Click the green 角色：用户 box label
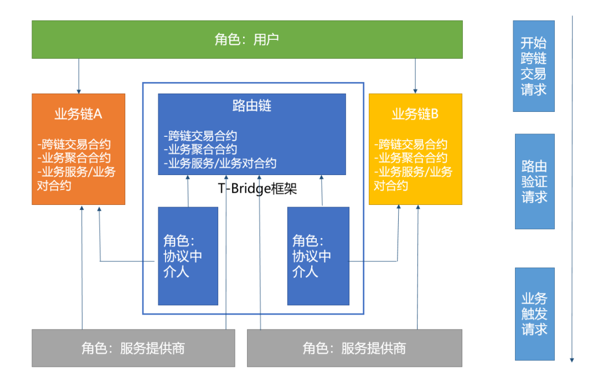pyautogui.click(x=246, y=39)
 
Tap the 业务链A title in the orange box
pyautogui.click(x=78, y=114)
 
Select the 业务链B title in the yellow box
pyautogui.click(x=415, y=114)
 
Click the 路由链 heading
pyautogui.click(x=252, y=106)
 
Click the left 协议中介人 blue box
pyautogui.click(x=188, y=256)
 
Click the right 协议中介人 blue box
pyautogui.click(x=318, y=256)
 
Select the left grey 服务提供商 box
pyautogui.click(x=133, y=348)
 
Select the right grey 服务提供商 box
pyautogui.click(x=354, y=348)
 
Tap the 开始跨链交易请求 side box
pyautogui.click(x=533, y=66)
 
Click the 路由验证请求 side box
pyautogui.click(x=534, y=181)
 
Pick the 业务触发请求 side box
pyautogui.click(x=534, y=314)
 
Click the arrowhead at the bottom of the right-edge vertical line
pyautogui.click(x=571, y=360)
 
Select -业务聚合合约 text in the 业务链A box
pyautogui.click(x=74, y=158)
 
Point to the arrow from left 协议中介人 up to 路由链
pyautogui.click(x=188, y=191)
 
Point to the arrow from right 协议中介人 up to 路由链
pyautogui.click(x=321, y=191)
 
